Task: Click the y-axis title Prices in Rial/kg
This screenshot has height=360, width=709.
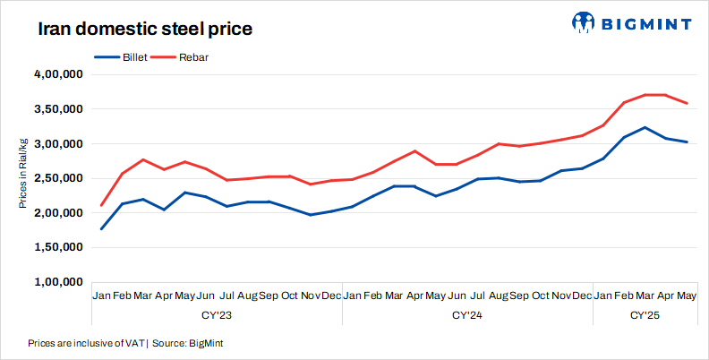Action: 22,174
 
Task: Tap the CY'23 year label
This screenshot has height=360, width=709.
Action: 217,315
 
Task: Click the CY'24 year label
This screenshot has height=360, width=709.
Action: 467,315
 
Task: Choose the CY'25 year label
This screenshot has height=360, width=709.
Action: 645,315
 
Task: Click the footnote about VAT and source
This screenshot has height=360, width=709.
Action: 125,343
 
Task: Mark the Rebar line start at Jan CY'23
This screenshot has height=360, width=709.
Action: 101,205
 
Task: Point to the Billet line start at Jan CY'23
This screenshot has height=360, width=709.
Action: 101,229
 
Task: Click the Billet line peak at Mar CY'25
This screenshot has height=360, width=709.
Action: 645,127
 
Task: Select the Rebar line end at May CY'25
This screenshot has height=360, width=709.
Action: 687,103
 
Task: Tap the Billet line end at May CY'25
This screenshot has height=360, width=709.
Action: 687,141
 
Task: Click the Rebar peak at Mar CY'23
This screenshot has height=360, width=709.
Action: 143,159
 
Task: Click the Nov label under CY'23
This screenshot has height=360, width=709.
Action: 311,296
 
